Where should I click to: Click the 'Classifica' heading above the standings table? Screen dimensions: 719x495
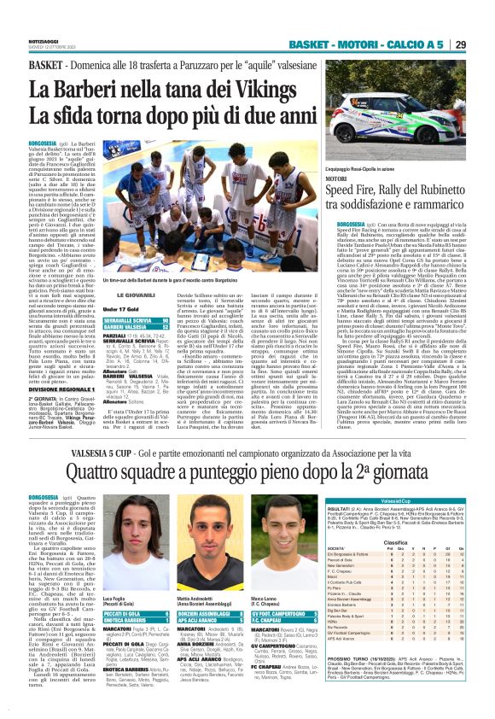(x=416, y=565)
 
